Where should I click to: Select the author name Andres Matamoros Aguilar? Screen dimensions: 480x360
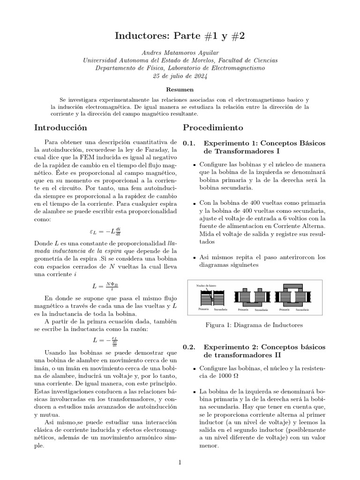(x=180, y=53)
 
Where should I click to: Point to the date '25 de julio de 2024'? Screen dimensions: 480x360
(x=180, y=75)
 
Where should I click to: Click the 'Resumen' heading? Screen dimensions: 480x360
(x=180, y=89)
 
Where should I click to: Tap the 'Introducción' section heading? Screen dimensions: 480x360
(x=61, y=127)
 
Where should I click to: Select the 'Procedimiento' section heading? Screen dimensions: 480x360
(x=213, y=127)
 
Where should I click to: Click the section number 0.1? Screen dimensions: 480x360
(x=189, y=143)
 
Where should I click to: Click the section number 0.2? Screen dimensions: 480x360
(x=189, y=347)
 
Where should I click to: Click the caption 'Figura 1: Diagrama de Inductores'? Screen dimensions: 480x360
(x=254, y=325)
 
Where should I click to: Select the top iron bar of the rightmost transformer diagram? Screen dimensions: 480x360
(x=294, y=287)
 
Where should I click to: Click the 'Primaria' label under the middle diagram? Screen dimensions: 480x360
(x=243, y=310)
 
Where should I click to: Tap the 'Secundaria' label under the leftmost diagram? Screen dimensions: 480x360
(x=220, y=310)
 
